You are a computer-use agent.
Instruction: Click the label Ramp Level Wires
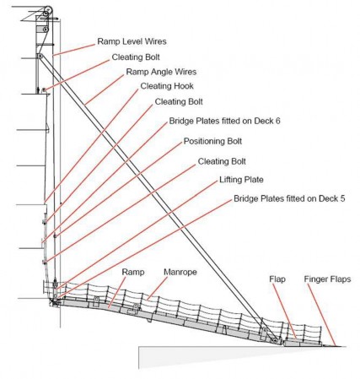(x=132, y=41)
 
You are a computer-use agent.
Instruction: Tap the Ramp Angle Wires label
(x=161, y=72)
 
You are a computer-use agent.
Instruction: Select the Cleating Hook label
(x=167, y=86)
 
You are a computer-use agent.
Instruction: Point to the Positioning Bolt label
(x=212, y=141)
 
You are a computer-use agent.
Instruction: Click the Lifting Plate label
(x=241, y=180)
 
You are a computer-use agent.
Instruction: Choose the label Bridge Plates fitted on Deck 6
(x=224, y=121)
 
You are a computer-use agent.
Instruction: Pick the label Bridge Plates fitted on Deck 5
(x=289, y=198)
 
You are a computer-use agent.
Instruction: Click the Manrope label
(x=180, y=272)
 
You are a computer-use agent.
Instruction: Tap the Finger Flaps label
(x=327, y=279)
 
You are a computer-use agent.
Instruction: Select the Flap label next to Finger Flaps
(x=277, y=279)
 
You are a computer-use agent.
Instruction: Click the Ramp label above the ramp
(x=133, y=272)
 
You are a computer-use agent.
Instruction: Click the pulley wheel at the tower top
(x=48, y=10)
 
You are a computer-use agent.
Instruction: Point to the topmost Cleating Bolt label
(x=136, y=57)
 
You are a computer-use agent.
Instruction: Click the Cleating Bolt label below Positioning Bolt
(x=222, y=161)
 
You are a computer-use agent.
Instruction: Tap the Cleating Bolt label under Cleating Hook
(x=179, y=101)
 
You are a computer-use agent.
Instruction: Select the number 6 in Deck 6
(x=277, y=121)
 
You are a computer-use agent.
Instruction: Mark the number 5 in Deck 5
(x=342, y=198)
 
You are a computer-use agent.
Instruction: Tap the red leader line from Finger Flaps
(x=321, y=315)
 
